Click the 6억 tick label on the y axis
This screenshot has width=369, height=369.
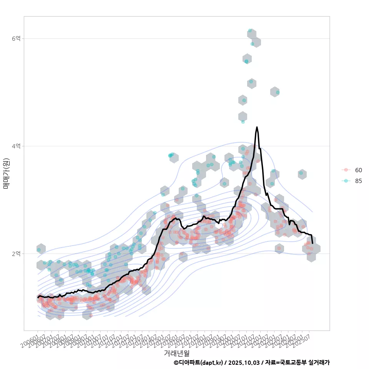click(x=17, y=38)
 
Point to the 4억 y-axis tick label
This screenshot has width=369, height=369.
click(x=17, y=146)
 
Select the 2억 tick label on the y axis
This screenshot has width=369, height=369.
click(x=17, y=254)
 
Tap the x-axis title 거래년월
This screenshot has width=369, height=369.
click(x=176, y=353)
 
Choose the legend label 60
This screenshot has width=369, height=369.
click(x=358, y=170)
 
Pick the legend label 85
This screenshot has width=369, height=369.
click(x=358, y=181)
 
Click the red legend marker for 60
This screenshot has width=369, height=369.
click(x=346, y=170)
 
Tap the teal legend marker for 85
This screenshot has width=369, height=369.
click(x=346, y=181)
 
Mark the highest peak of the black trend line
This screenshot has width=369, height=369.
click(x=257, y=127)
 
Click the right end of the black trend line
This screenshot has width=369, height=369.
click(x=312, y=243)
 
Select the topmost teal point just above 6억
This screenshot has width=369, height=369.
click(x=250, y=31)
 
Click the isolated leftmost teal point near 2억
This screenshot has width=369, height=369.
click(x=39, y=250)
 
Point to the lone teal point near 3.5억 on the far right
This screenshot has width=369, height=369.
click(x=301, y=173)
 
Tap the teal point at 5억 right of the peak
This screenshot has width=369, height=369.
click(x=278, y=92)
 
